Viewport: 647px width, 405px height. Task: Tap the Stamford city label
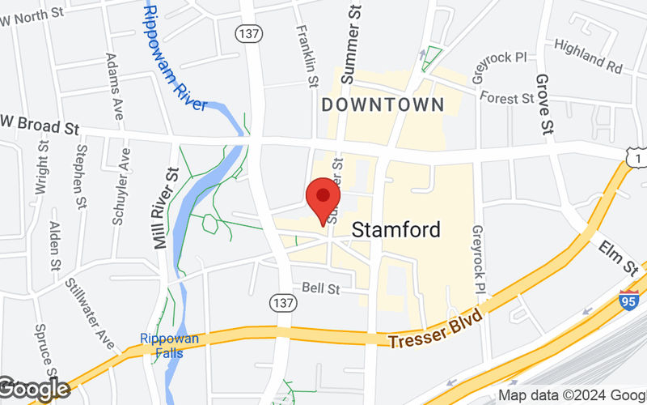[396, 230]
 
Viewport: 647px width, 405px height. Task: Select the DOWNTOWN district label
[383, 104]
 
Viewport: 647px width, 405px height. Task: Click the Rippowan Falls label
[169, 344]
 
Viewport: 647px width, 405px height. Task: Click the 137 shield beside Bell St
[283, 301]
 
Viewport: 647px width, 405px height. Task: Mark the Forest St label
[506, 97]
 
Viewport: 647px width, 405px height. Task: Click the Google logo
[34, 390]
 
